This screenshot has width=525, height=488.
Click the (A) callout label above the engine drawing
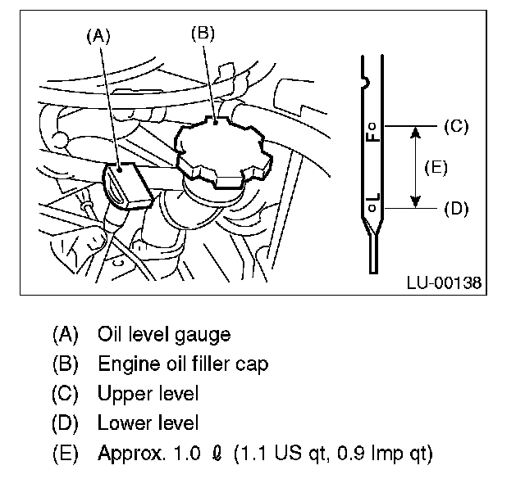(x=98, y=35)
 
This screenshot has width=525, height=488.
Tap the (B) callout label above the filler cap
(x=203, y=34)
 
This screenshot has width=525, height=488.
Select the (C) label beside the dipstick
(x=454, y=126)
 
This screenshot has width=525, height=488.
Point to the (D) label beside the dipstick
(x=454, y=208)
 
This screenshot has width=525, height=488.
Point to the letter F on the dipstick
(x=372, y=137)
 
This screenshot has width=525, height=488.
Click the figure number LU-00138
(x=443, y=283)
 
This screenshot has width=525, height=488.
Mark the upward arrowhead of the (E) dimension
(x=416, y=131)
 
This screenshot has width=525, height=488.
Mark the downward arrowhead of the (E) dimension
(x=416, y=202)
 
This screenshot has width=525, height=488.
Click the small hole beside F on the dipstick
(x=372, y=126)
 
